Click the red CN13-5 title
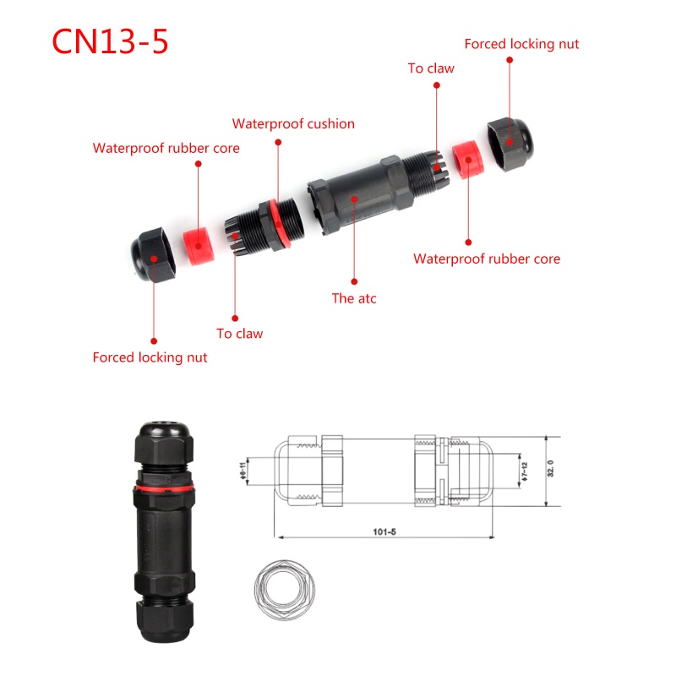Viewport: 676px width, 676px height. tap(111, 41)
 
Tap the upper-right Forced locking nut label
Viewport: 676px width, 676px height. tap(521, 44)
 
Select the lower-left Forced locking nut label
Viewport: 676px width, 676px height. tap(150, 357)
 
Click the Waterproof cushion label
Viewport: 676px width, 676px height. tap(293, 124)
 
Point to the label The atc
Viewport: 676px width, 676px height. tap(354, 297)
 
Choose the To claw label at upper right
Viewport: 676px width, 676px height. tap(431, 68)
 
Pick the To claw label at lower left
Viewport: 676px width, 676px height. tap(239, 333)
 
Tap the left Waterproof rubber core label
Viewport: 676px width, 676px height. tap(166, 149)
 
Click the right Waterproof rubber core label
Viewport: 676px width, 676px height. tap(486, 259)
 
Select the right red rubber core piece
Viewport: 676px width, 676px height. tap(464, 160)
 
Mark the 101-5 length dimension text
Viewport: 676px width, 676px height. tap(384, 532)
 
